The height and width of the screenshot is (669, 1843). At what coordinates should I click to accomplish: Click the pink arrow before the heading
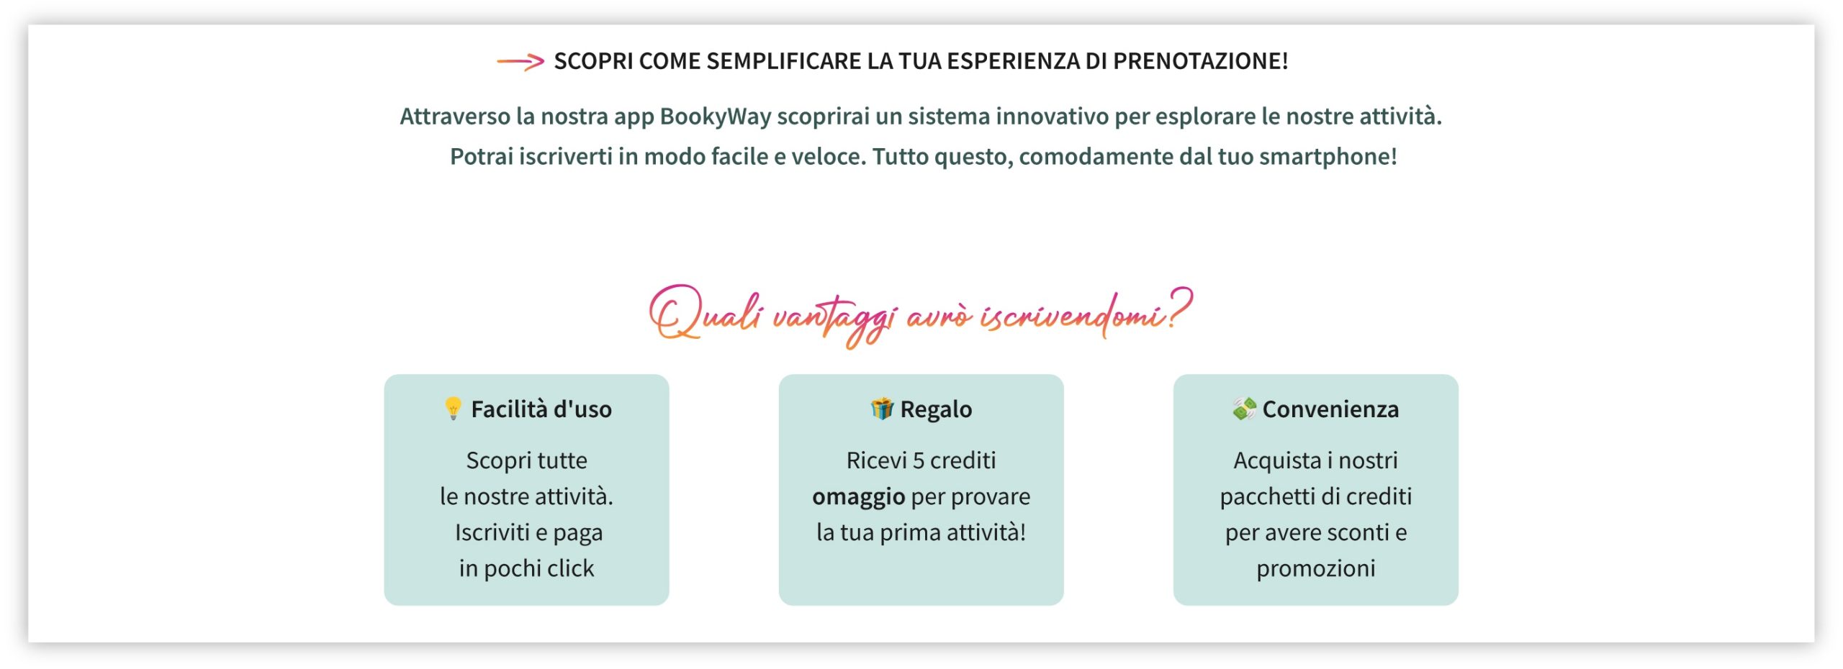point(520,62)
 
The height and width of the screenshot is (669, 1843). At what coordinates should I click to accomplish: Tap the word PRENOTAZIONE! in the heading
point(1200,61)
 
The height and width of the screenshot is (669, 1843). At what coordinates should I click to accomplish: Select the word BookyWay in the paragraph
point(715,117)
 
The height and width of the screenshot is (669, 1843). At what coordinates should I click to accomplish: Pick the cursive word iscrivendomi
point(1073,315)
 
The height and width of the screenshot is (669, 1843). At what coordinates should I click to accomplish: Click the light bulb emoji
point(453,409)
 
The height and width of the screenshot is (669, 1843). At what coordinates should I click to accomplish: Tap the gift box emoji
point(882,409)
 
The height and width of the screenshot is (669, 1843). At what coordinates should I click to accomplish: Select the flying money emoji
point(1244,409)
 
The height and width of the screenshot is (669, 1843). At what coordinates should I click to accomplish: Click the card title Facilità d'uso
point(541,409)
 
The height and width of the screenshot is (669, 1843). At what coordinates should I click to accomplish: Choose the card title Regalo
point(936,409)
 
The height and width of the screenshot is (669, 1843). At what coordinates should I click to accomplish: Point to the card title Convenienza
point(1330,409)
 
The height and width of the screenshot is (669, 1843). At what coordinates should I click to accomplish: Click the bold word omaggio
point(858,496)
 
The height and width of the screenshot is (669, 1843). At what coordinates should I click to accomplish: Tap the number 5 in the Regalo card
point(918,460)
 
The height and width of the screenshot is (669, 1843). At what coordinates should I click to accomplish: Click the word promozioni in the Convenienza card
point(1315,568)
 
